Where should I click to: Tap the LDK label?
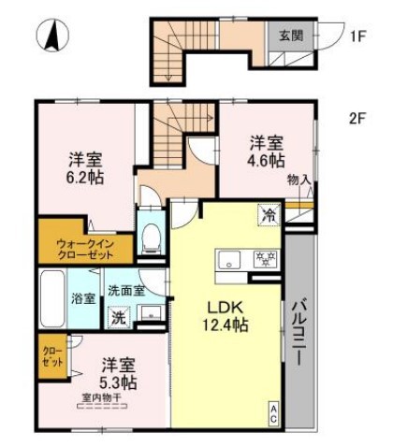click(x=223, y=305)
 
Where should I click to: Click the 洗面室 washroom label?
click(x=124, y=290)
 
